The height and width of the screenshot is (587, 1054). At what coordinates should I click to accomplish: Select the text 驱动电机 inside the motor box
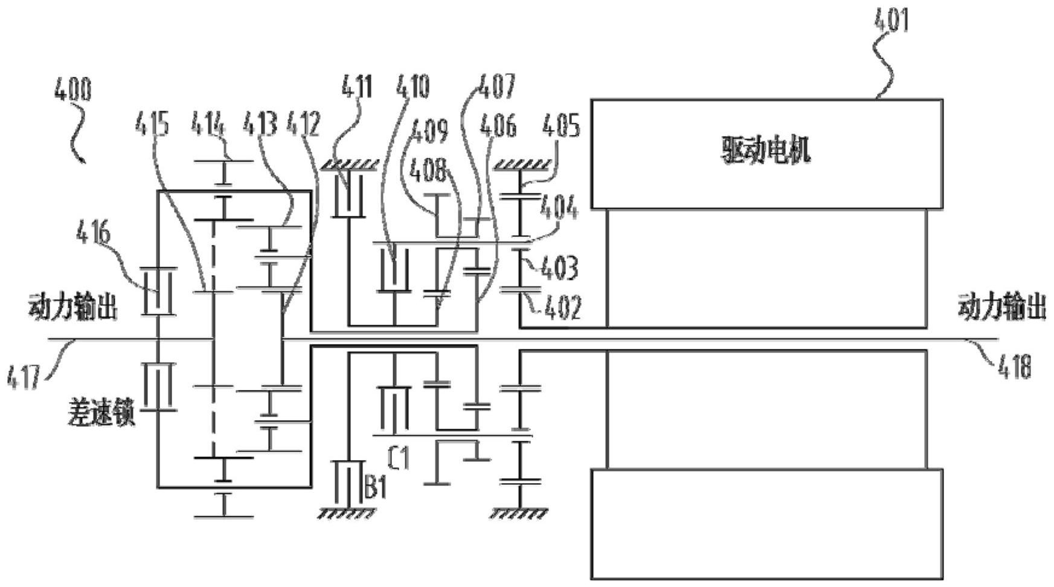(766, 151)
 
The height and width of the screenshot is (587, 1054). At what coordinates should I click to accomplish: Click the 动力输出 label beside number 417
(72, 308)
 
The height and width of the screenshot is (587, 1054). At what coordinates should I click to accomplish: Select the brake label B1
(375, 487)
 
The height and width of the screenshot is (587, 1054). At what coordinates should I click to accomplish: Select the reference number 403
(559, 268)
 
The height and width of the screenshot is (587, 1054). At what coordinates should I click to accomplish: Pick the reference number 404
(559, 209)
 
